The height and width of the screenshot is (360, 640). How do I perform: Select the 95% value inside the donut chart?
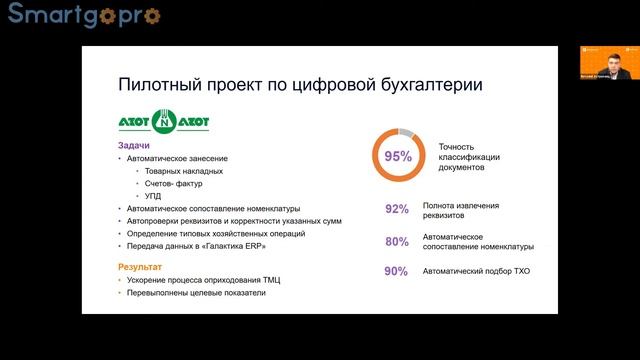398,157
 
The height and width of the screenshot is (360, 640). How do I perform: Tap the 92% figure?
397,209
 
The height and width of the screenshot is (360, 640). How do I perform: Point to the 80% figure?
397,241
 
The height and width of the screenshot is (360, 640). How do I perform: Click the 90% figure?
397,271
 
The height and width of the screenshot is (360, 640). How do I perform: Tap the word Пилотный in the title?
159,85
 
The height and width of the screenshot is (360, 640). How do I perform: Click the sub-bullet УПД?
152,195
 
